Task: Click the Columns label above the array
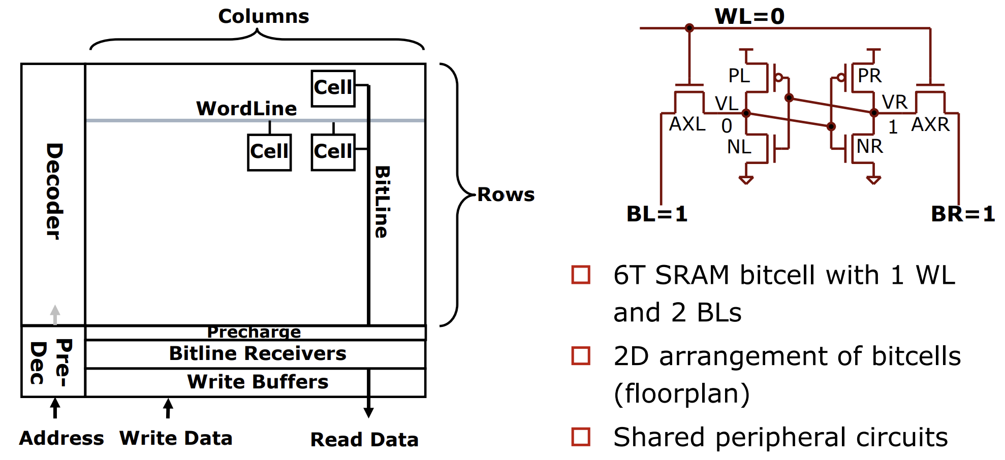(x=264, y=16)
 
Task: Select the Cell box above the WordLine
(x=333, y=88)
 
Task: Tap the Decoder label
(x=54, y=191)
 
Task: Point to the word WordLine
(x=246, y=108)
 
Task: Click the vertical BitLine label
(x=382, y=202)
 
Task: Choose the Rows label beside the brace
(x=506, y=194)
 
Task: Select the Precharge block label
(x=254, y=332)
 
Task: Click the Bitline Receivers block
(x=256, y=353)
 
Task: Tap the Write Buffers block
(x=256, y=382)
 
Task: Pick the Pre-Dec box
(x=53, y=361)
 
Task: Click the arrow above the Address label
(x=55, y=408)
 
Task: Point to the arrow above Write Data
(x=168, y=408)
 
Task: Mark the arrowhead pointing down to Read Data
(x=369, y=412)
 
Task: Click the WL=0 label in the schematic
(x=749, y=16)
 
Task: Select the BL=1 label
(x=657, y=214)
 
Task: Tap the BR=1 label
(x=963, y=214)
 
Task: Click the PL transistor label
(x=739, y=76)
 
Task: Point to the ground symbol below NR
(x=873, y=180)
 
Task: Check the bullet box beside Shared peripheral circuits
(x=581, y=437)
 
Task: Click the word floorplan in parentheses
(x=682, y=393)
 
